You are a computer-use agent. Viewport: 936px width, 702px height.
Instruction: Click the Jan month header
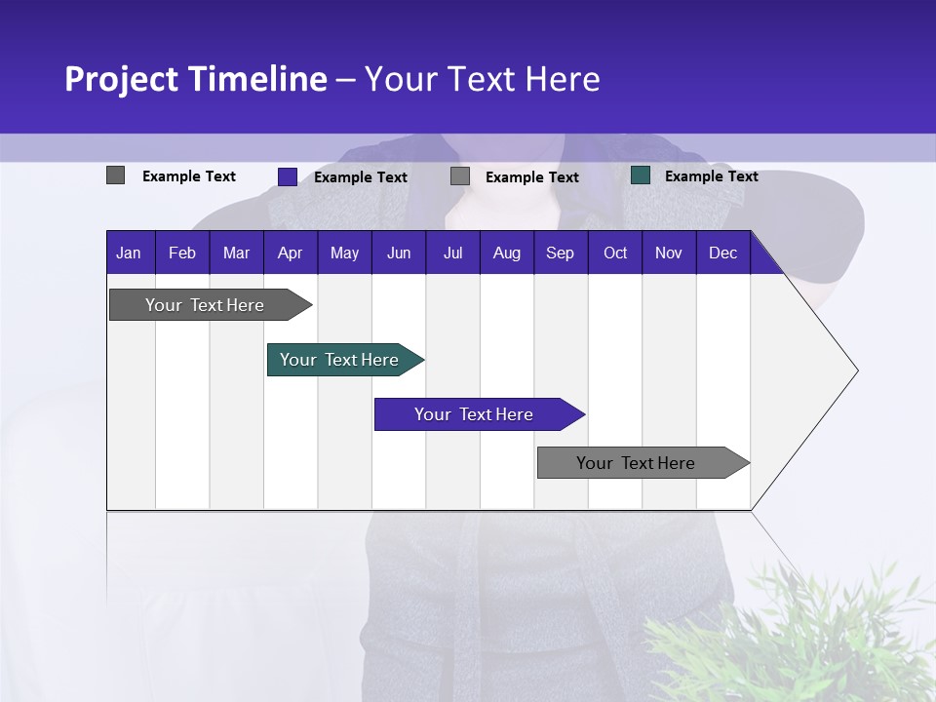pyautogui.click(x=129, y=253)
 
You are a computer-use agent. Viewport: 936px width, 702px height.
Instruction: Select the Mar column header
pyautogui.click(x=236, y=253)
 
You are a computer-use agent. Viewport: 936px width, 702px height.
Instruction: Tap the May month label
pyautogui.click(x=344, y=253)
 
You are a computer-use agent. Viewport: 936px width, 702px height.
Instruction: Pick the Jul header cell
pyautogui.click(x=452, y=253)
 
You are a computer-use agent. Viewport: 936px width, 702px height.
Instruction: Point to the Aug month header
pyautogui.click(x=506, y=253)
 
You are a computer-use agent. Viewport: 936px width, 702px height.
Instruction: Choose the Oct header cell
pyautogui.click(x=614, y=253)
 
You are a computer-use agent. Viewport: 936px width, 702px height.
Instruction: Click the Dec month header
pyautogui.click(x=722, y=253)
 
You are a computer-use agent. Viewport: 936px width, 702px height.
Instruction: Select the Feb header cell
pyautogui.click(x=182, y=253)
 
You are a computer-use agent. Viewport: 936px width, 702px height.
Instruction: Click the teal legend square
pyautogui.click(x=641, y=175)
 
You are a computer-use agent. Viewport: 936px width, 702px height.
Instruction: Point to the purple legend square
pyautogui.click(x=288, y=176)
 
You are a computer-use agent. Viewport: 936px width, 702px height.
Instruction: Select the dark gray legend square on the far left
pyautogui.click(x=115, y=175)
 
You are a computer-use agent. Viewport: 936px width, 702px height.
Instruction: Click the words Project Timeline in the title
pyautogui.click(x=195, y=79)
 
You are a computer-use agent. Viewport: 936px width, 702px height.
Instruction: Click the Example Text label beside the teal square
pyautogui.click(x=711, y=175)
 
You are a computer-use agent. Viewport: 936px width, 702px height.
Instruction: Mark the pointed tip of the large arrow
pyautogui.click(x=856, y=370)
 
